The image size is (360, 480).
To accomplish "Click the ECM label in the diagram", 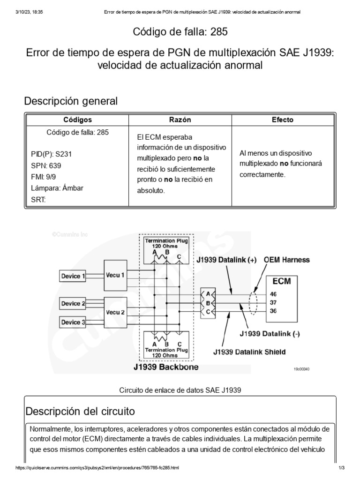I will pyautogui.click(x=282, y=281).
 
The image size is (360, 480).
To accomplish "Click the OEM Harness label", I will pyautogui.click(x=286, y=259).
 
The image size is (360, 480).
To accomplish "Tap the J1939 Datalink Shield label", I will pyautogui.click(x=249, y=352).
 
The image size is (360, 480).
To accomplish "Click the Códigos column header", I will pyautogui.click(x=77, y=120).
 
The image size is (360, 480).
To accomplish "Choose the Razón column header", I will pyautogui.click(x=180, y=120).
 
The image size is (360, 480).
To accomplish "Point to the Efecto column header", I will pyautogui.click(x=282, y=120).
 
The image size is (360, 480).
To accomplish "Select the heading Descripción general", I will pyautogui.click(x=71, y=101).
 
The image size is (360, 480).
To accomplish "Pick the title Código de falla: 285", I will pyautogui.click(x=180, y=32).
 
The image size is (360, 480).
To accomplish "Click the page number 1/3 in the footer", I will pyautogui.click(x=341, y=468).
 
